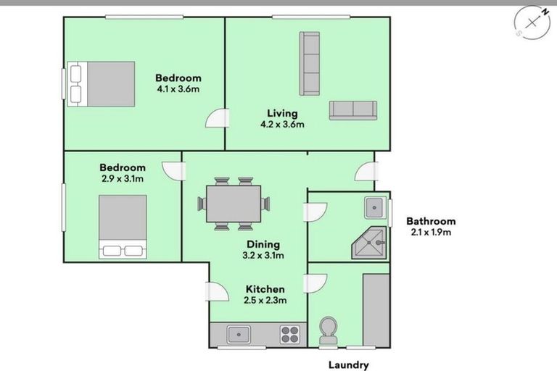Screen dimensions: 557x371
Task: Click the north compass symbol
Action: (x=532, y=22)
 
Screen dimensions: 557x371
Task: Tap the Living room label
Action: (x=282, y=113)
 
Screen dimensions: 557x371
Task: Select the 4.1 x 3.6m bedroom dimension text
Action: (x=178, y=88)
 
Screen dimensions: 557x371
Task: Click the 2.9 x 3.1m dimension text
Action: (x=123, y=178)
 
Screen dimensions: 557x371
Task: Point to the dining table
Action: (x=234, y=204)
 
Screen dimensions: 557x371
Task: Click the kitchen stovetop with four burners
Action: (x=290, y=335)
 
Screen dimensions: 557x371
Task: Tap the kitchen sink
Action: (x=239, y=335)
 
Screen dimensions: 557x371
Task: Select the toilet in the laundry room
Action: (x=329, y=331)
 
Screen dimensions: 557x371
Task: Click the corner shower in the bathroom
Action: (x=369, y=243)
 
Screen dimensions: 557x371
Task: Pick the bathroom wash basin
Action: (x=375, y=207)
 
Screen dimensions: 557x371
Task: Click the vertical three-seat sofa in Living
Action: (x=310, y=64)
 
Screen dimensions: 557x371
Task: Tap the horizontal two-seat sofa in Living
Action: (x=352, y=110)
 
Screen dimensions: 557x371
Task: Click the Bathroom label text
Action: (x=431, y=221)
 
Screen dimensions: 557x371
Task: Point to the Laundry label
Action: (x=348, y=365)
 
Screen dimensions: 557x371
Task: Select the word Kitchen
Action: (x=265, y=289)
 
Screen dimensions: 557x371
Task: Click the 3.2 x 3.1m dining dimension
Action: (x=263, y=255)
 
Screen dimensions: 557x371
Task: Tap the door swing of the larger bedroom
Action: (x=217, y=118)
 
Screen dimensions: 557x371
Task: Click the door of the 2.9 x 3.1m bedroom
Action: (x=174, y=171)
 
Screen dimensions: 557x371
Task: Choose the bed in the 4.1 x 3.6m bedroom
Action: (x=102, y=84)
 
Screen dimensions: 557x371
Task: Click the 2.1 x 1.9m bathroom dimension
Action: (x=431, y=232)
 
